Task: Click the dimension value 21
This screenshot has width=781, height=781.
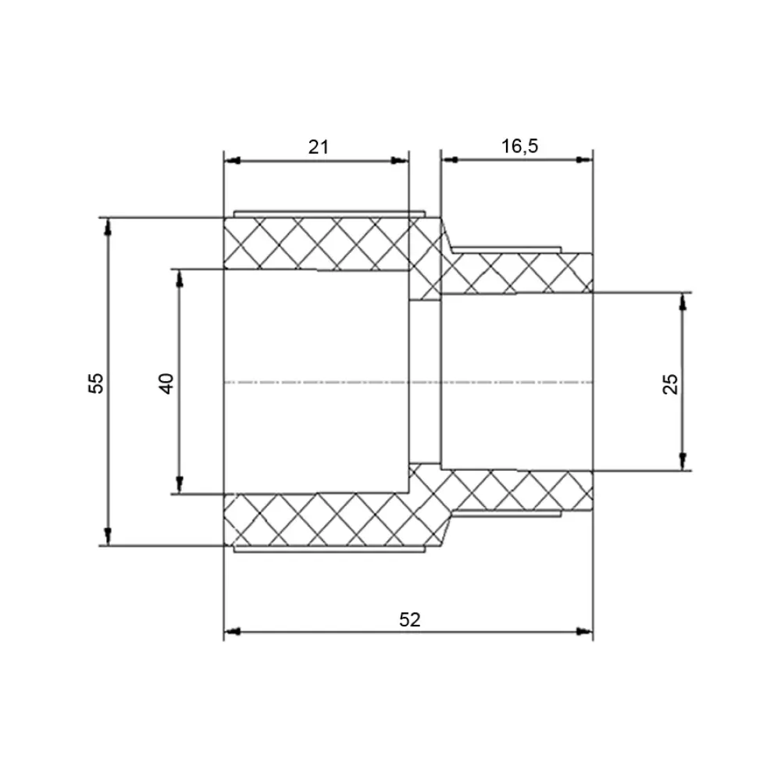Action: click(319, 147)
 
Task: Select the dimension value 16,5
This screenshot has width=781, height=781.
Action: click(519, 146)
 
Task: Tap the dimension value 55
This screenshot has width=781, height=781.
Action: click(96, 383)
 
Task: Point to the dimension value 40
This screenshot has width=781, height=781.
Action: click(166, 383)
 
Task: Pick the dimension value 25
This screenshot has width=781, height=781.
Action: click(670, 383)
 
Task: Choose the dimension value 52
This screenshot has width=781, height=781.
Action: click(410, 619)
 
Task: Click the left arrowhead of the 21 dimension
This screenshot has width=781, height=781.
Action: click(233, 160)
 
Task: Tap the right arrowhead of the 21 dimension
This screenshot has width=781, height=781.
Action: click(400, 160)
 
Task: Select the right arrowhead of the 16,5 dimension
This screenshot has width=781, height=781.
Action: click(584, 159)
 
